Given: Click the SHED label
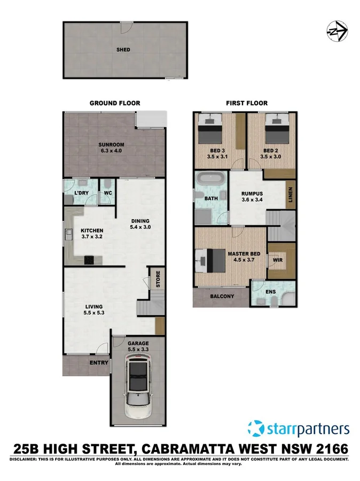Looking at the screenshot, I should tap(123, 50).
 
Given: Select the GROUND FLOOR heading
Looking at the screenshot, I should tap(114, 103).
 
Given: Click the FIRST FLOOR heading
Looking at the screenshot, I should tap(247, 103).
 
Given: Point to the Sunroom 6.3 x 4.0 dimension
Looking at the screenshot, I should tap(111, 151).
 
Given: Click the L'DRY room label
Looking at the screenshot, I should tap(81, 192).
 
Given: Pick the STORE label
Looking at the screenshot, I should tap(158, 280).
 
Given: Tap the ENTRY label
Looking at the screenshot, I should tap(99, 363).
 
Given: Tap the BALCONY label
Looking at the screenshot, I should tap(221, 296).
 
